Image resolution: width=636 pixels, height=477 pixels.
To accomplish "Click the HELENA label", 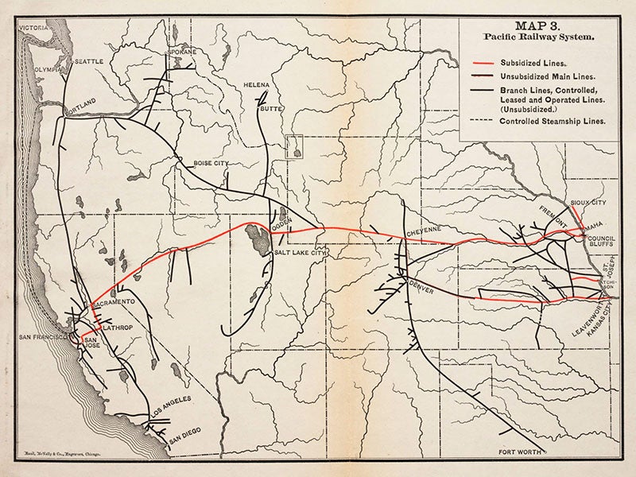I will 257,85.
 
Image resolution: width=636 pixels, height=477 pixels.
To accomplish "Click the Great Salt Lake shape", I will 258,236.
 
